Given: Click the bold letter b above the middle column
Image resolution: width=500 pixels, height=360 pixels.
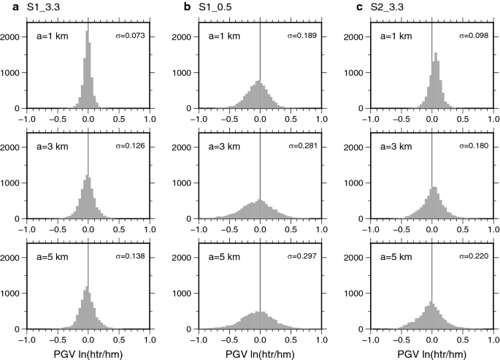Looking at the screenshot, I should (186, 7).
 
